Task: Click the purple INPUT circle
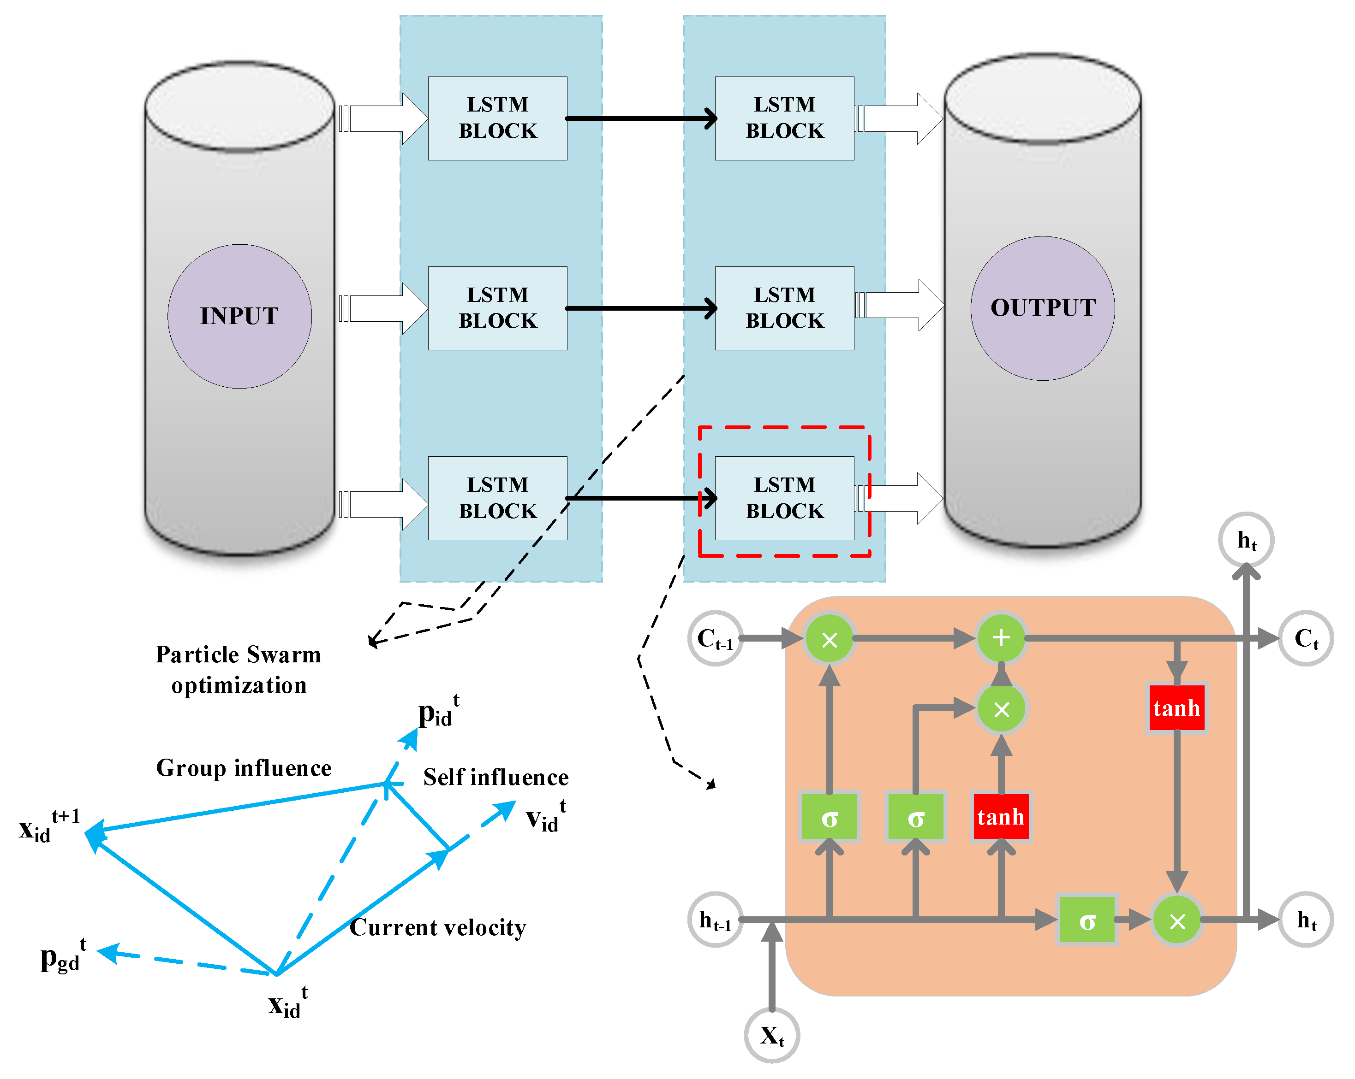(239, 316)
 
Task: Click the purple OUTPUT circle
(1043, 308)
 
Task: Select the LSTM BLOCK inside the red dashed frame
(784, 498)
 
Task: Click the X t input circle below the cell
(772, 1035)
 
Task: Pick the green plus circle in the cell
(1001, 638)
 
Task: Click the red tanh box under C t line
(1176, 708)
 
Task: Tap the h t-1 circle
(715, 920)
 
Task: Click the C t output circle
(1306, 638)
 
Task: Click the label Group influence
(244, 768)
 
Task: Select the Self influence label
(496, 777)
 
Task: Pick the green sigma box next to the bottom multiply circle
(1086, 920)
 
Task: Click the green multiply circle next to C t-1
(830, 639)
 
